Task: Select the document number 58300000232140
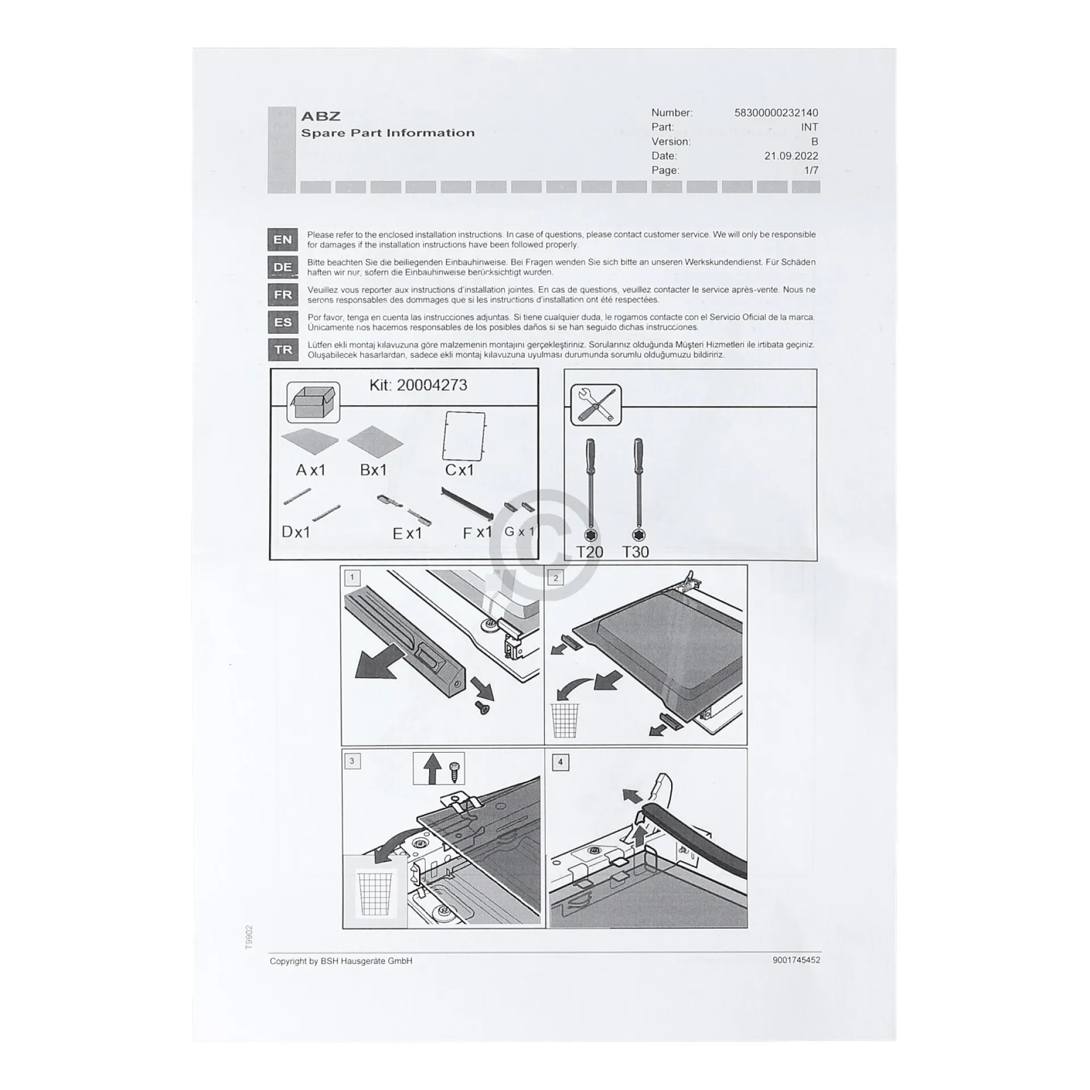pyautogui.click(x=776, y=113)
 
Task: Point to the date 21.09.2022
pyautogui.click(x=791, y=156)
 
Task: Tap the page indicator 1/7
pyautogui.click(x=811, y=170)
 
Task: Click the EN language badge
pyautogui.click(x=283, y=240)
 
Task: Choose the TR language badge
pyautogui.click(x=283, y=350)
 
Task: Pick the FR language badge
pyautogui.click(x=283, y=295)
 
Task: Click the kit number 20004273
pyautogui.click(x=431, y=385)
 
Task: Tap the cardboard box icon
pyautogui.click(x=313, y=403)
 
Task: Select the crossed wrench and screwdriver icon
pyautogui.click(x=596, y=404)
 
